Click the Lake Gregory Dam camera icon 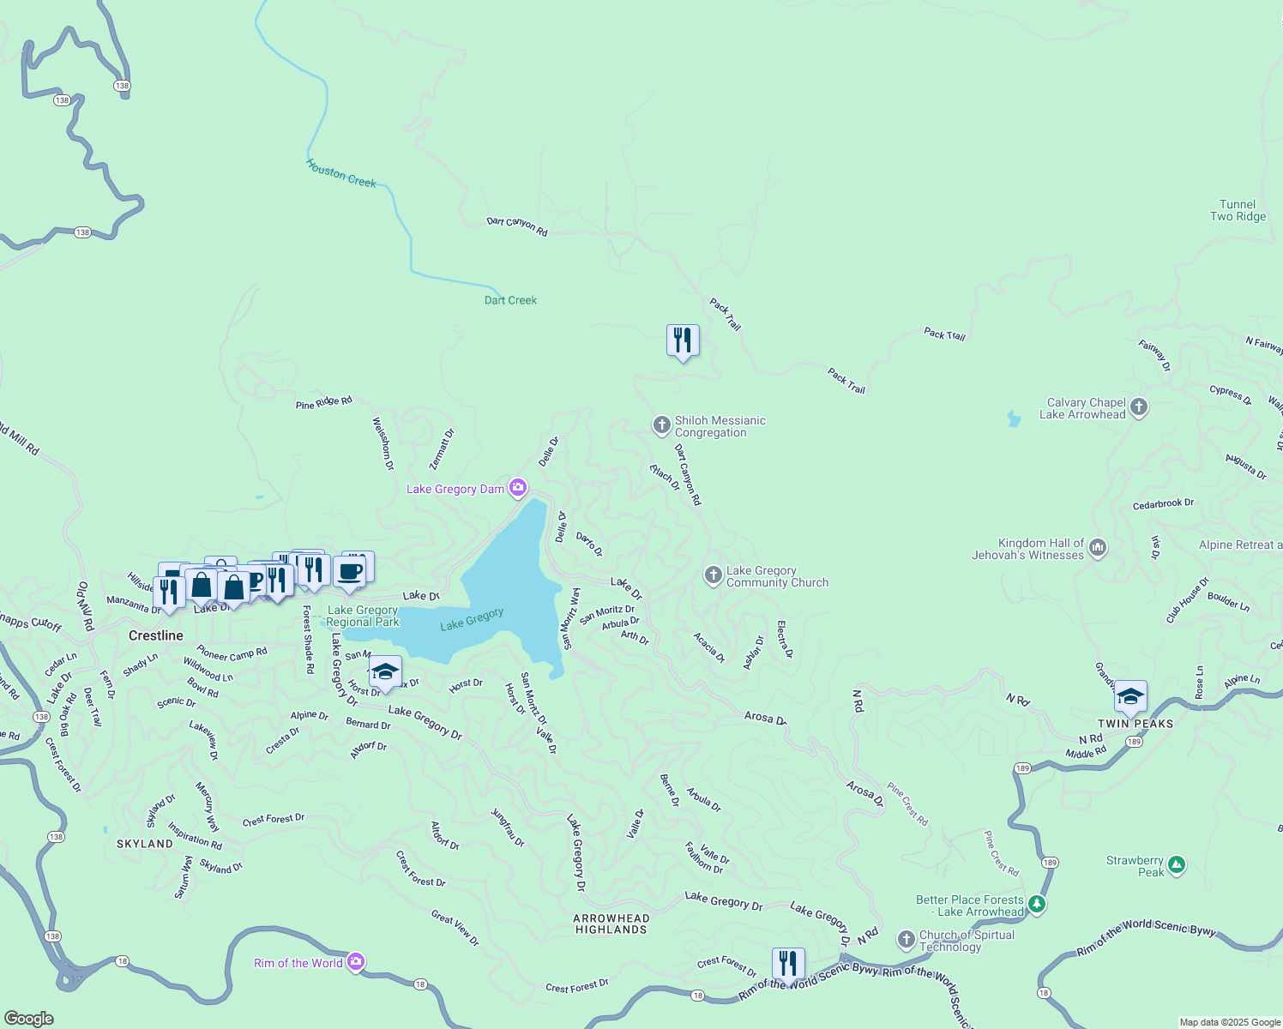tap(518, 489)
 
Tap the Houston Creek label tap(341, 174)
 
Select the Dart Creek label tap(510, 300)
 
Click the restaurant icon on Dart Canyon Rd tap(683, 340)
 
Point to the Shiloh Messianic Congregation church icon tap(661, 424)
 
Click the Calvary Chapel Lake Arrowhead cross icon tap(1139, 407)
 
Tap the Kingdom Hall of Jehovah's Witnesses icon tap(1098, 548)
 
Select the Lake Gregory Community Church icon tap(714, 575)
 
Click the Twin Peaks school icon tap(1130, 696)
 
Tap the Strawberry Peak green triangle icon tap(1177, 865)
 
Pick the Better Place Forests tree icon tap(1037, 904)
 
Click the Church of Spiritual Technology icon tap(907, 940)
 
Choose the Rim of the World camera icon tap(356, 962)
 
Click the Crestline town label tap(156, 635)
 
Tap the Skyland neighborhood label tap(145, 844)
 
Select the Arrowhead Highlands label tap(611, 924)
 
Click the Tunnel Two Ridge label tap(1238, 210)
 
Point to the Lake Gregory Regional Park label tap(363, 616)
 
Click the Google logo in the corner tap(29, 1019)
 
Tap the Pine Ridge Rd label tap(323, 402)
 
